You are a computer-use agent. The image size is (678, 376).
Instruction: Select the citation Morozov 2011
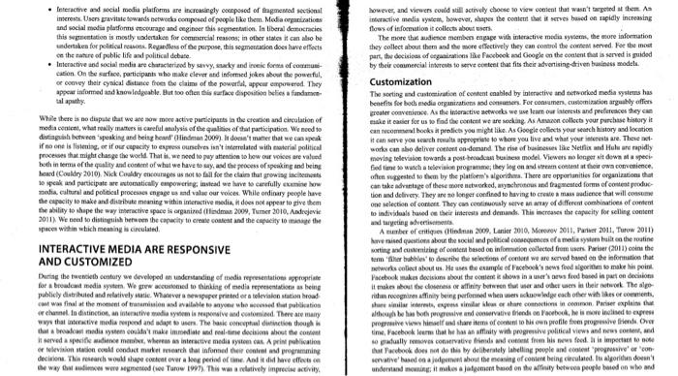tap(542, 242)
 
